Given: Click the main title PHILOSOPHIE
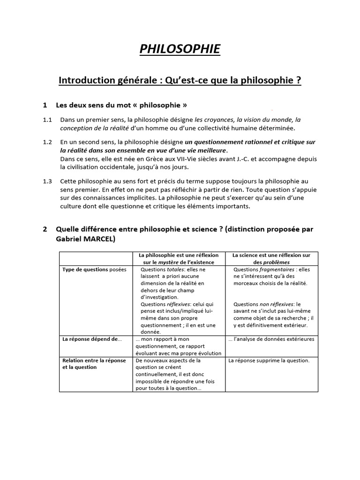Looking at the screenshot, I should (x=180, y=49).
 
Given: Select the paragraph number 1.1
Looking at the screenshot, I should (x=47, y=120).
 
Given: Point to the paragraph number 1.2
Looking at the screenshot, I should (x=47, y=142).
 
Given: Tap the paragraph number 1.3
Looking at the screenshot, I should (x=47, y=181).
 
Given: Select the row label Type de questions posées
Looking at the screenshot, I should (x=94, y=270).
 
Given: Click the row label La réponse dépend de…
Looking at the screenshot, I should (x=92, y=339).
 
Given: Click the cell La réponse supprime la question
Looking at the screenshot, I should (x=269, y=360).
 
